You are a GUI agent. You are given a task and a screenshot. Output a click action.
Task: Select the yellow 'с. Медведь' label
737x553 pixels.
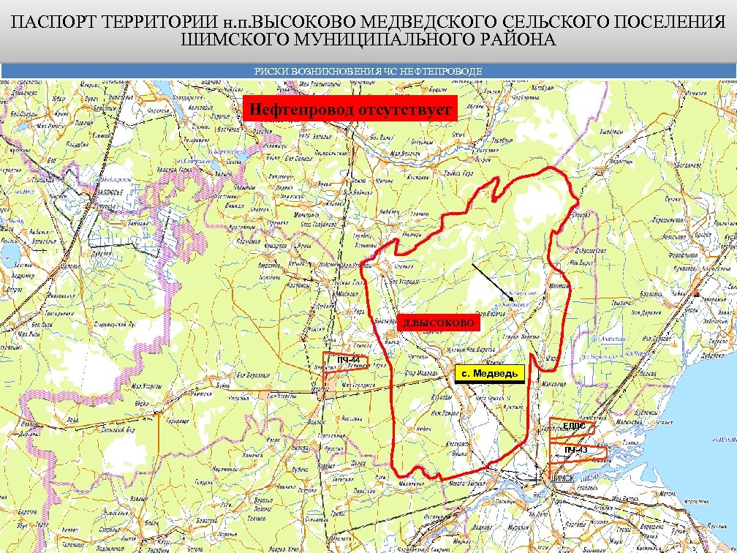(x=490, y=373)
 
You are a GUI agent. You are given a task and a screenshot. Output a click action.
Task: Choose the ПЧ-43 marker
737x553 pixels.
(x=577, y=450)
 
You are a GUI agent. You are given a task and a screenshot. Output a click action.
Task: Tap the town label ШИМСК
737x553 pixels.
(x=562, y=478)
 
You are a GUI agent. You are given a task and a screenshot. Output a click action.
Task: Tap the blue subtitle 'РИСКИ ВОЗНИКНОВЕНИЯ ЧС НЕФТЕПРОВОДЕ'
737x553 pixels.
(x=368, y=71)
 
